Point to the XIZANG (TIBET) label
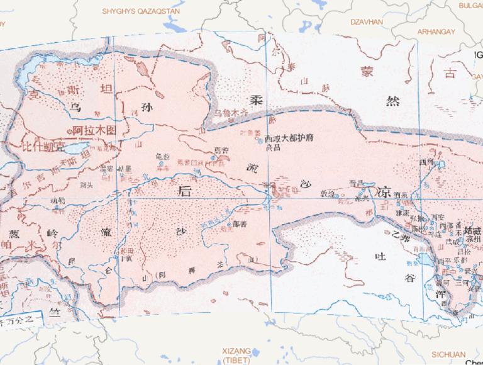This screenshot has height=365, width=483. pos(236,355)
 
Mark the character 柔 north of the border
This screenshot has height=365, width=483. pos(256,100)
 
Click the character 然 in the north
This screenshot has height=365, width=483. pos(392,101)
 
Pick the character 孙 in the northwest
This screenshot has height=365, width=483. pos(150,106)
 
